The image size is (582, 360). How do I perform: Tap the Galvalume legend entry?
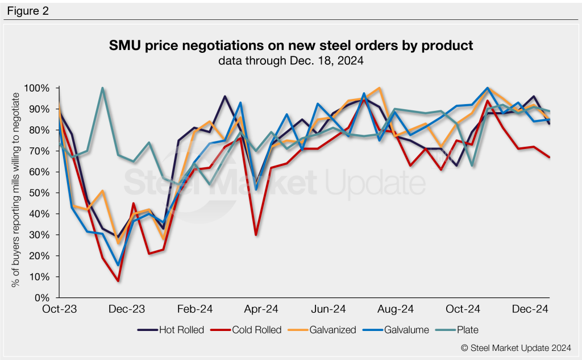click(x=405, y=329)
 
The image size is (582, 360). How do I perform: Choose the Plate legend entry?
click(x=467, y=329)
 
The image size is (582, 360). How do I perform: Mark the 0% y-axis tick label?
click(x=43, y=297)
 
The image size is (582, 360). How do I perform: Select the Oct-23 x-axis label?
click(x=60, y=309)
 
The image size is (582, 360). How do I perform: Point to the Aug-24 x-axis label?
click(x=396, y=309)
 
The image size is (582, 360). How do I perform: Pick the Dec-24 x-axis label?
click(x=529, y=309)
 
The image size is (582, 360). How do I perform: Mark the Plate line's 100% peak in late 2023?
click(x=102, y=88)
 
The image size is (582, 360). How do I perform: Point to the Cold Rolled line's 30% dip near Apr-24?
click(x=256, y=235)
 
